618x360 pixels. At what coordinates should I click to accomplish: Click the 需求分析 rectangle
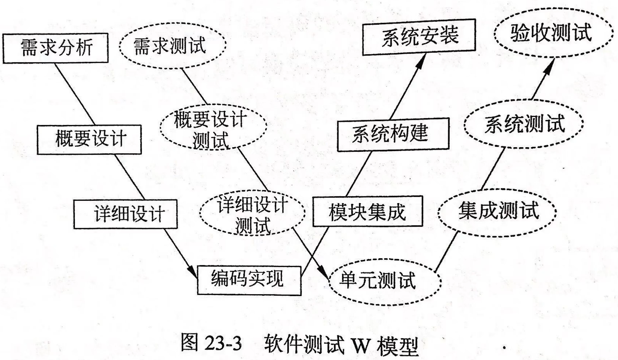click(x=56, y=48)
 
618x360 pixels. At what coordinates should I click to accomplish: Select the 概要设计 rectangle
click(x=89, y=139)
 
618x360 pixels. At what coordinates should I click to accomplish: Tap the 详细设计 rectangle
click(x=125, y=214)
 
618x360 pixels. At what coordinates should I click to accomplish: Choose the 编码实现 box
click(x=249, y=280)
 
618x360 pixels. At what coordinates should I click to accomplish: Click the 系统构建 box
click(x=393, y=134)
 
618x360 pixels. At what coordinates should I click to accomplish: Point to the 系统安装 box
click(x=419, y=37)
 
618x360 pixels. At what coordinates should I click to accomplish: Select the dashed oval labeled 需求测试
click(x=173, y=46)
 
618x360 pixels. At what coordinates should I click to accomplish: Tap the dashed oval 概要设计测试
click(x=213, y=127)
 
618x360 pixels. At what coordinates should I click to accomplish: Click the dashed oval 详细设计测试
click(x=252, y=214)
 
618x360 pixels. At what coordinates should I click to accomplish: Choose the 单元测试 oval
click(x=384, y=281)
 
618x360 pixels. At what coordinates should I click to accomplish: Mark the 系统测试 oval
click(x=524, y=124)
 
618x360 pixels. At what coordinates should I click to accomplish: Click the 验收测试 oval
click(x=551, y=33)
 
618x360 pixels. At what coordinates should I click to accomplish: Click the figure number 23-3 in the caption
click(x=223, y=343)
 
